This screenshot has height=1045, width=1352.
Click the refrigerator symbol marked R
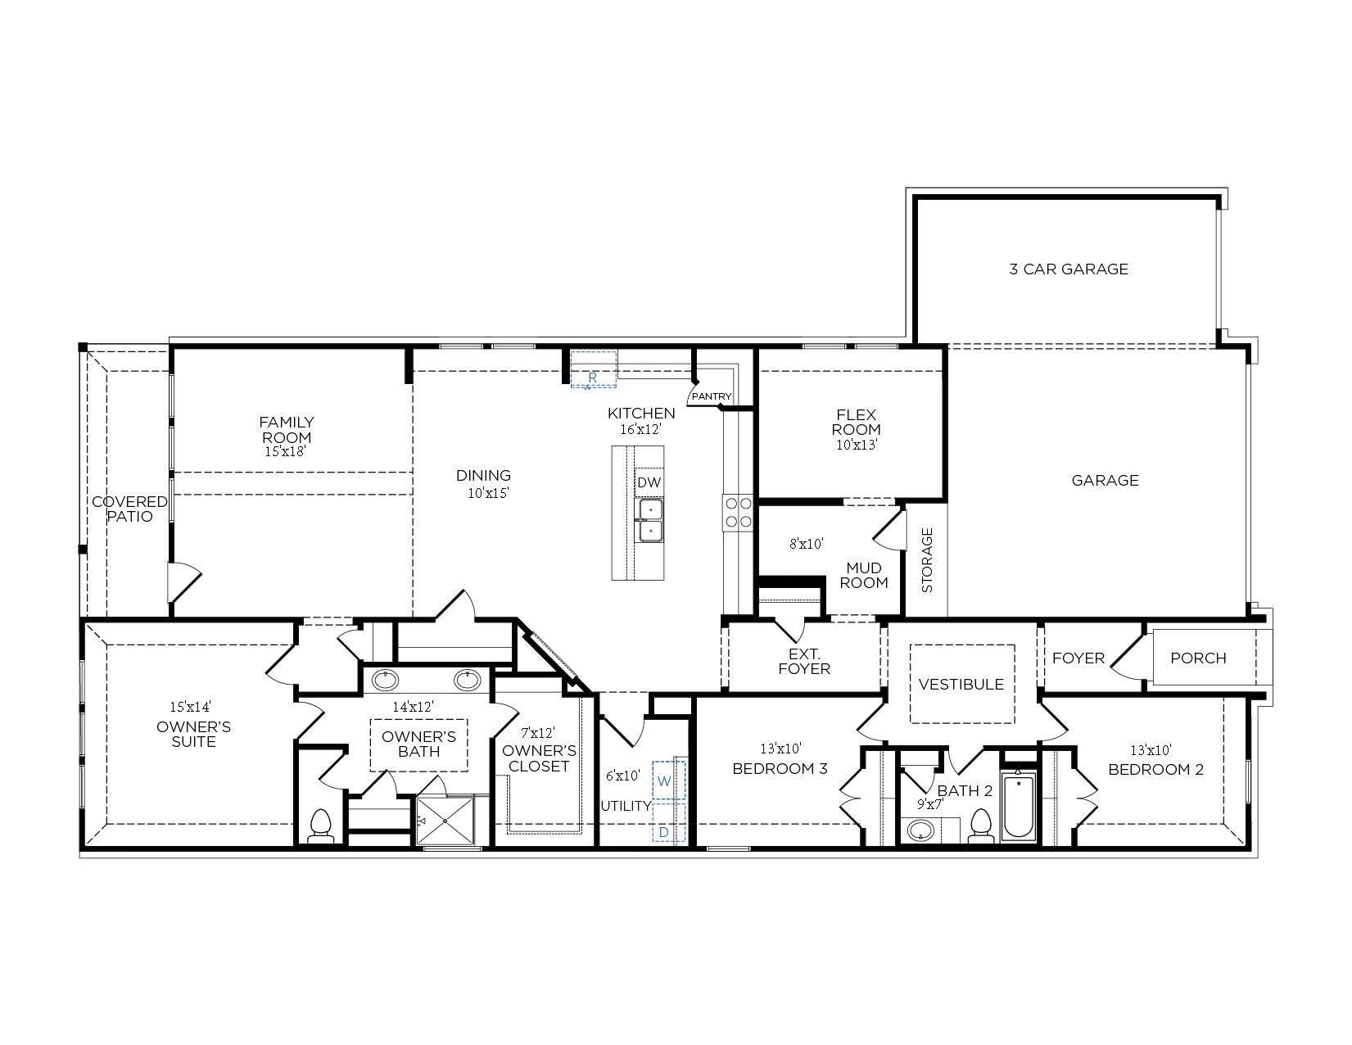(594, 369)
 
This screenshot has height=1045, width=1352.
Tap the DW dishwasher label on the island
(649, 482)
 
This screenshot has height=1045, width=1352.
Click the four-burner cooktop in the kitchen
(737, 512)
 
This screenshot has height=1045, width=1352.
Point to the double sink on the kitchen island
(651, 520)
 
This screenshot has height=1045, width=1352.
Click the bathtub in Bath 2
(1019, 806)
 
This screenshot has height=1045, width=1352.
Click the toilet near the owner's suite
(321, 826)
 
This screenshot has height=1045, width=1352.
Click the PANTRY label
(711, 396)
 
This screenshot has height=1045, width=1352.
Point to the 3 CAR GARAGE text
(1068, 269)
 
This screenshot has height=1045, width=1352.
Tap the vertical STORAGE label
(927, 560)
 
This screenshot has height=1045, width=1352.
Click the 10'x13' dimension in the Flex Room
(857, 445)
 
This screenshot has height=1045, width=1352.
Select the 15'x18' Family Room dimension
(286, 451)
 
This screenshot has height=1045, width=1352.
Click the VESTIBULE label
(961, 684)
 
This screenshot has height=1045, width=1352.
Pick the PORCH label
(1197, 658)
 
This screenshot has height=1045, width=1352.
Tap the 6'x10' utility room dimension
(623, 775)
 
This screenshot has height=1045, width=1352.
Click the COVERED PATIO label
(129, 509)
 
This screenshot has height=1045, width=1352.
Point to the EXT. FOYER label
(803, 661)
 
